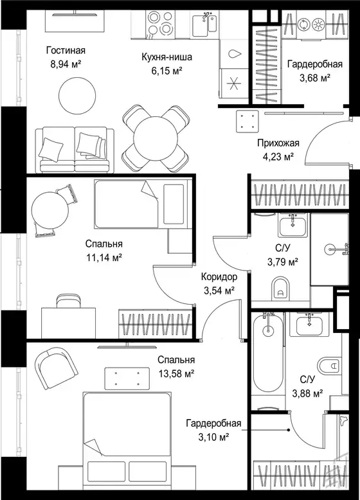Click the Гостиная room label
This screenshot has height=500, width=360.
pos(66,50)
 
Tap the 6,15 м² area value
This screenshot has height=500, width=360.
pos(166,71)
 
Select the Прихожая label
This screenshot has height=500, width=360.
pos(278,143)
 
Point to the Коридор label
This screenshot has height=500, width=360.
pos(219,276)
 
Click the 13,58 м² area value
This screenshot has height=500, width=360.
pos(176,373)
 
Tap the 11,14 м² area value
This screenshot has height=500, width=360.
pos(104,258)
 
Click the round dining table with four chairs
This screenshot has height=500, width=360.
pos(156,138)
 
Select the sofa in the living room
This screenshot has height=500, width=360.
pos(75,150)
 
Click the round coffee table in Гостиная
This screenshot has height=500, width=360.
pos(78,95)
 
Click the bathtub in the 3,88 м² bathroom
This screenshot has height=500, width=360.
pos(268,353)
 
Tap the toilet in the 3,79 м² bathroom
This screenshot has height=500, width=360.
pos(280,289)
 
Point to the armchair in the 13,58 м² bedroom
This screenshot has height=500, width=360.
pos(56,368)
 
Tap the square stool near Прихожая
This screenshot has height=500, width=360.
pos(248,121)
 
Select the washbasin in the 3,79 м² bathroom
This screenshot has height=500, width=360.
pos(293,225)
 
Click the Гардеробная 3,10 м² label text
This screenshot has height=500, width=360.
pos(213,430)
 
